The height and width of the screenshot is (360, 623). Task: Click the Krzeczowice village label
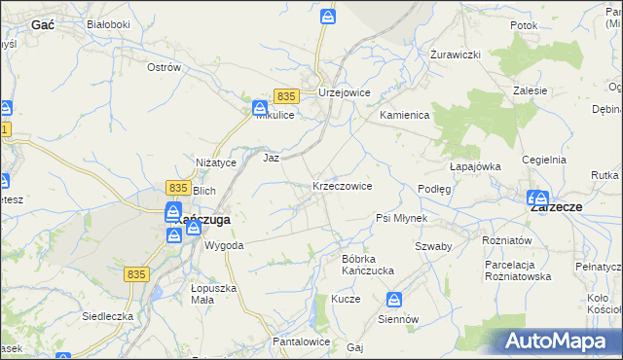point(342,185)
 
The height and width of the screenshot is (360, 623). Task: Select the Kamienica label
point(404,115)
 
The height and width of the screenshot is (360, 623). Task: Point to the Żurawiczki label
point(457,54)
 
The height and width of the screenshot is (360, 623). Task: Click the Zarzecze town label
point(556,207)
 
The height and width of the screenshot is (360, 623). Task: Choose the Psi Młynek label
point(402,218)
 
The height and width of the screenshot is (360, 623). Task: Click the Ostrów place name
point(164,67)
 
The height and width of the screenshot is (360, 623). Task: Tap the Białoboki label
point(108,23)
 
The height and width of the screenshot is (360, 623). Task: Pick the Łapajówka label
point(474,166)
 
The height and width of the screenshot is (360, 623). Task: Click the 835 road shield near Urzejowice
point(285,96)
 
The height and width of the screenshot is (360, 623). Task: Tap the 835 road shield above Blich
point(177,187)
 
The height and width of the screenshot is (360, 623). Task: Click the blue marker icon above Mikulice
point(261,108)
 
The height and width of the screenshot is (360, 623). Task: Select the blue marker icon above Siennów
point(394,300)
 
